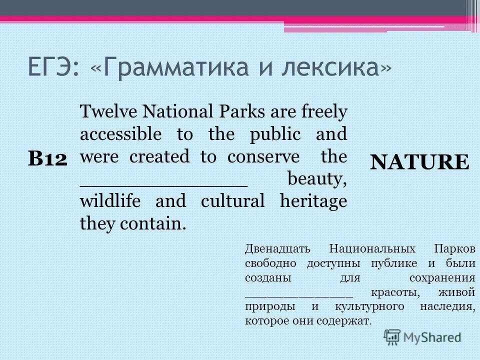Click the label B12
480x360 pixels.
[47, 159]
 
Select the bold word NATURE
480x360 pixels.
[419, 161]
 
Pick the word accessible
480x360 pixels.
[120, 134]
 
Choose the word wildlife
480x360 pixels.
[111, 201]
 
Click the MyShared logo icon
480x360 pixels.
[392, 337]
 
